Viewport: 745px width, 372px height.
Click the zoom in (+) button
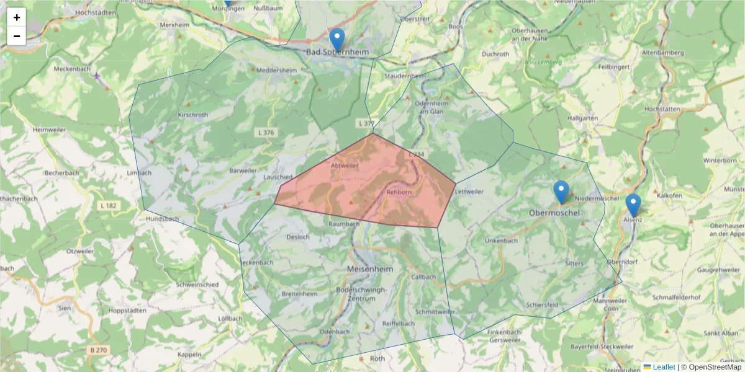(x=17, y=17)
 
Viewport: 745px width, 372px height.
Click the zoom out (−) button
(x=17, y=36)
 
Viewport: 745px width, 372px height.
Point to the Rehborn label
(x=399, y=192)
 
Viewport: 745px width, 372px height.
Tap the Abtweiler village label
(x=345, y=166)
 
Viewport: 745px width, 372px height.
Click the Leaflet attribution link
(x=664, y=367)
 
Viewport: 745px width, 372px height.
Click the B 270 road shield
(x=98, y=350)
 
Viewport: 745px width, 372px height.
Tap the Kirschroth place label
(x=192, y=115)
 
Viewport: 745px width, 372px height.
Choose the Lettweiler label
(x=469, y=192)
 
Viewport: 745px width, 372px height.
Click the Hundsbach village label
(x=162, y=219)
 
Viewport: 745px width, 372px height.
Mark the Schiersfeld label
(x=542, y=305)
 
